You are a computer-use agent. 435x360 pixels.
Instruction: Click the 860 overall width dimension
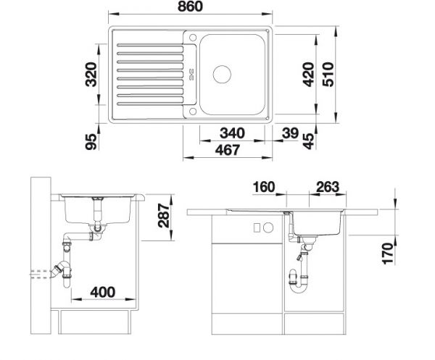point(190,7)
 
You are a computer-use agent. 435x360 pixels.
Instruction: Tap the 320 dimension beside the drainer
point(91,75)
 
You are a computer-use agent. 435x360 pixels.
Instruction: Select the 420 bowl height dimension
point(308,75)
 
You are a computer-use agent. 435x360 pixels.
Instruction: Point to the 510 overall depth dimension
point(328,75)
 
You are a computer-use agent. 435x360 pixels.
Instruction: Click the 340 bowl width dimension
point(232,133)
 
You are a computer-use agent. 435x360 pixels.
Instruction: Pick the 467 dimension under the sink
point(228,150)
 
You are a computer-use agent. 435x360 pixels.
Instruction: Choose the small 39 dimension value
point(290,133)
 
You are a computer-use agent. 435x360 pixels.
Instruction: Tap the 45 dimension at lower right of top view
point(309,141)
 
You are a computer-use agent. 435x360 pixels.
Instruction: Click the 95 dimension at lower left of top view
point(91,142)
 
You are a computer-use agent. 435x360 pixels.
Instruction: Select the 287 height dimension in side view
point(163,215)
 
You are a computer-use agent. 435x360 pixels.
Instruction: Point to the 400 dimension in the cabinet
point(103,292)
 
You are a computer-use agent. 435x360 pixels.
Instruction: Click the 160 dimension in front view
point(264,187)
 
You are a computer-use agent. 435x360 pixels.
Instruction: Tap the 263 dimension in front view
point(328,187)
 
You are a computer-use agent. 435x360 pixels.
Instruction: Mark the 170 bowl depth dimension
point(388,254)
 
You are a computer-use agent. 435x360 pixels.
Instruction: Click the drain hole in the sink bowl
point(222,75)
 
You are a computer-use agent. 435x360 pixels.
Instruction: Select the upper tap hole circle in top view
point(193,38)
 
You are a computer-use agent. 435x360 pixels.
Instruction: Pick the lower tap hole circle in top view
point(193,112)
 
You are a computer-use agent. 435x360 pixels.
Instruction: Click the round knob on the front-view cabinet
point(268,227)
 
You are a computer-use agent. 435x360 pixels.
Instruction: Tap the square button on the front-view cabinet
point(257,227)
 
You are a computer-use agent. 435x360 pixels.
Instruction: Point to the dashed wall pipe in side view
point(40,274)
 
